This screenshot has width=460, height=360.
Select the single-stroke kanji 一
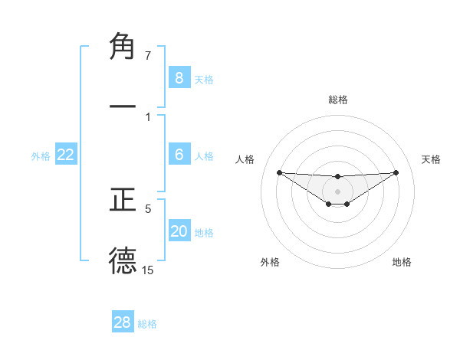click(x=123, y=107)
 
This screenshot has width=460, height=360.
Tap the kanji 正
click(x=123, y=200)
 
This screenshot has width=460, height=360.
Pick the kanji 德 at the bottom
click(x=123, y=260)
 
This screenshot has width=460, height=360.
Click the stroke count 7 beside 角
click(x=148, y=56)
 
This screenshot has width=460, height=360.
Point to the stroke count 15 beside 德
click(x=148, y=270)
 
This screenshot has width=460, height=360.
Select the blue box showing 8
click(x=179, y=77)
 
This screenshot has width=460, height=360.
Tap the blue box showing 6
click(x=179, y=155)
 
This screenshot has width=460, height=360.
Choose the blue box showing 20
click(x=179, y=231)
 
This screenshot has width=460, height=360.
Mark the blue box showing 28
click(x=123, y=322)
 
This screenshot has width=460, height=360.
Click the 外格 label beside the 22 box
click(x=41, y=156)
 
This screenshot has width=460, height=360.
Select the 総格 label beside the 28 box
click(x=147, y=324)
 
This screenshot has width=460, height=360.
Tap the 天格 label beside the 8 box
click(x=204, y=79)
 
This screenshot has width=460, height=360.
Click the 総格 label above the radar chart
click(x=337, y=100)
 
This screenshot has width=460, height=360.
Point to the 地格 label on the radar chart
click(x=402, y=262)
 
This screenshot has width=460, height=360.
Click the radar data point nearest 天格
click(x=396, y=172)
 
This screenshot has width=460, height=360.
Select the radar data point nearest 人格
click(x=279, y=172)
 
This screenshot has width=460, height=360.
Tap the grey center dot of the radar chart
click(x=337, y=191)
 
